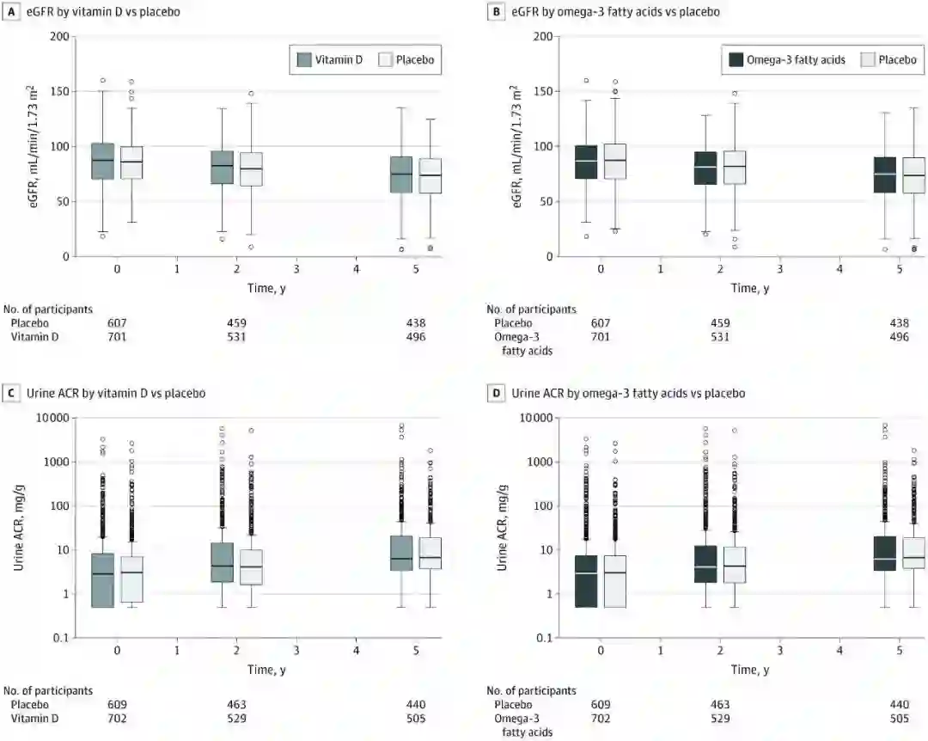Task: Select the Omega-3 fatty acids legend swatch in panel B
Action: pyautogui.click(x=736, y=59)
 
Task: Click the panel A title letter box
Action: pyautogui.click(x=7, y=12)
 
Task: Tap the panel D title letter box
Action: pyautogui.click(x=493, y=393)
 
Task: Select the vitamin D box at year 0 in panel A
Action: pyautogui.click(x=102, y=161)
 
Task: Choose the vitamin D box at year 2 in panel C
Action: pyautogui.click(x=222, y=562)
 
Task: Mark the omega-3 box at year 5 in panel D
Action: pyautogui.click(x=885, y=554)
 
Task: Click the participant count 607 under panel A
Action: pyautogui.click(x=118, y=323)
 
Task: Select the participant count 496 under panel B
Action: pyautogui.click(x=900, y=337)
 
